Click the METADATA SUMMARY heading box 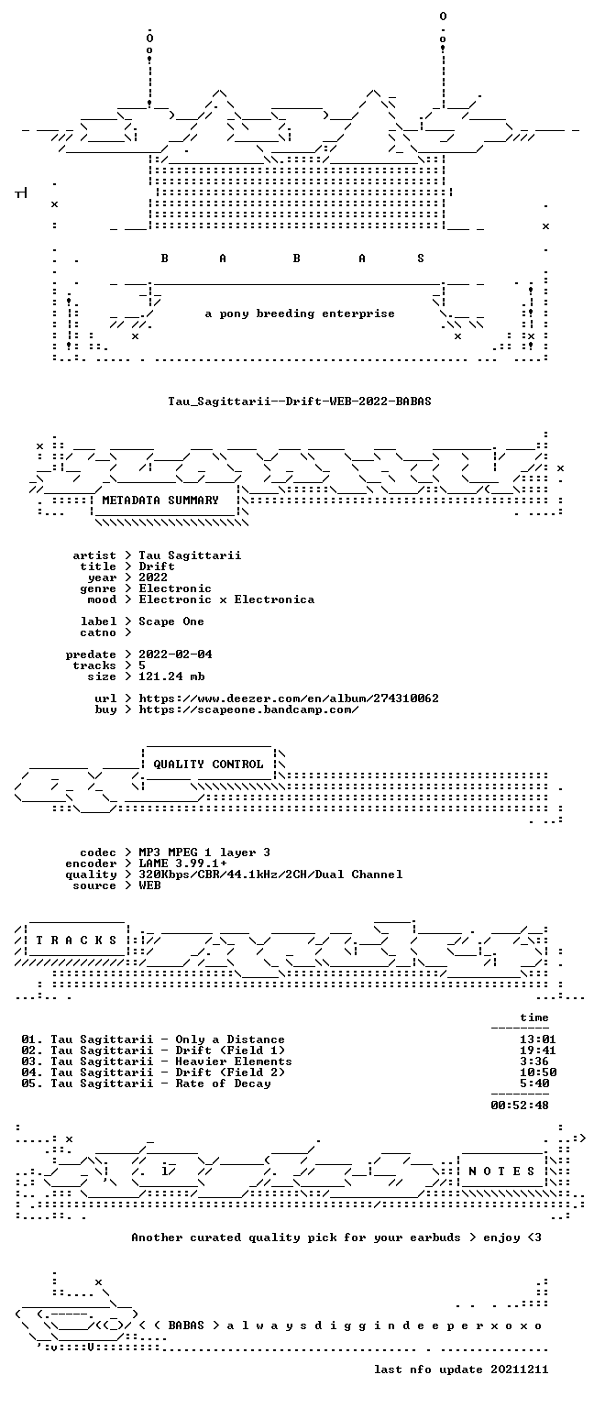(165, 500)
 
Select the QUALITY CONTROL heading (208, 764)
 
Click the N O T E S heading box (501, 1171)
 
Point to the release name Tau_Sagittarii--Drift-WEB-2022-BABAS (299, 401)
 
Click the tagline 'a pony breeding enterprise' (300, 313)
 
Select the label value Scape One (171, 621)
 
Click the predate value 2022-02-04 (175, 654)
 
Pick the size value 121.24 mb (171, 676)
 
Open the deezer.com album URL (289, 698)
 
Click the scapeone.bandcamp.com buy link (249, 709)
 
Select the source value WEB (149, 885)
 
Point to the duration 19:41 (538, 1050)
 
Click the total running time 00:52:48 (520, 1105)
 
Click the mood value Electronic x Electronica (227, 599)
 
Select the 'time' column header (534, 1017)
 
